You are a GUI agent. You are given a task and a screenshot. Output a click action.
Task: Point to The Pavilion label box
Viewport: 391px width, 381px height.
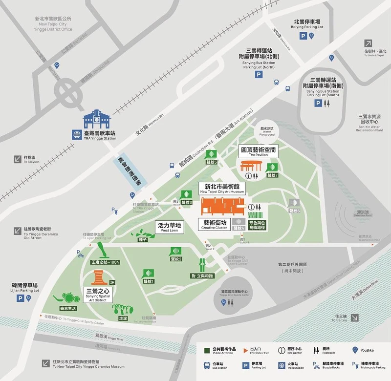click(x=259, y=151)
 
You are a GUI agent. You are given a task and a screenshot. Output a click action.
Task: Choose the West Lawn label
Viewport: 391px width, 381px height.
click(x=169, y=228)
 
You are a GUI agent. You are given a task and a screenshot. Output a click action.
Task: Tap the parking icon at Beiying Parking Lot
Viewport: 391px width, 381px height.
click(x=304, y=36)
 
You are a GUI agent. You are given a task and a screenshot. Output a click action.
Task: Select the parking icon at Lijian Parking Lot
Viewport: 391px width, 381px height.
click(x=21, y=298)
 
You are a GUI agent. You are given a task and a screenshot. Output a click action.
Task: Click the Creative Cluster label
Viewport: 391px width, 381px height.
click(x=215, y=225)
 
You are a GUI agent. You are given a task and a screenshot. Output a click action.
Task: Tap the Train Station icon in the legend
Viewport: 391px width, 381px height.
click(x=282, y=365)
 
